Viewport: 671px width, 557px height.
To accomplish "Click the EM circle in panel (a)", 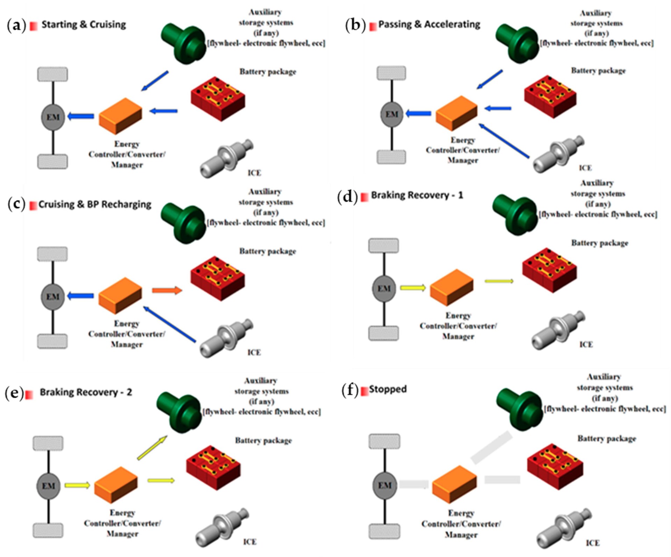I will pos(53,117).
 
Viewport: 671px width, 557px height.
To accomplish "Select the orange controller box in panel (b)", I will pos(456,113).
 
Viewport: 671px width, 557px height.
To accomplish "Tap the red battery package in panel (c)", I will pos(217,278).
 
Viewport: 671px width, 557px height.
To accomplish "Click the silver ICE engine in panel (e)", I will pos(222,527).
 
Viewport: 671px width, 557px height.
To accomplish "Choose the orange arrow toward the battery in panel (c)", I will pos(167,290).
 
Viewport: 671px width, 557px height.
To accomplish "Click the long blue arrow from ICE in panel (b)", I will pos(504,141).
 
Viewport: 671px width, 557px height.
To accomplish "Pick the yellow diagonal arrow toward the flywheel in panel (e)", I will pos(152,448).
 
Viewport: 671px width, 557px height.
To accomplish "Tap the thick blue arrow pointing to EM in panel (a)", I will pos(81,116).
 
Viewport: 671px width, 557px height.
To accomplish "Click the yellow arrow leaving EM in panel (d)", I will pos(413,288).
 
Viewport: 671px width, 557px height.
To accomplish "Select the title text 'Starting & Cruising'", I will pos(84,25).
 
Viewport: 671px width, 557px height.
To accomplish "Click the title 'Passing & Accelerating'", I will pos(429,24).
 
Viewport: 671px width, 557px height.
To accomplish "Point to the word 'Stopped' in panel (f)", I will pos(388,389).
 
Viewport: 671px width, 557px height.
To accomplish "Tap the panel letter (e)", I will pos(14,393).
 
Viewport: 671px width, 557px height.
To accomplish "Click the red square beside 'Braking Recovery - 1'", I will pos(365,197).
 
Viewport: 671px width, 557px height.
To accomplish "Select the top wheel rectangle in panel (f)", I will pos(384,442).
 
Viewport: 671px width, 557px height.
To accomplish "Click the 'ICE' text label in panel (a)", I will pos(254,173).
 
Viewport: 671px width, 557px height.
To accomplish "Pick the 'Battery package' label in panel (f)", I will pos(606,439).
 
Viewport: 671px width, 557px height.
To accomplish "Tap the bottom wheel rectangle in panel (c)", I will pos(52,341).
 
